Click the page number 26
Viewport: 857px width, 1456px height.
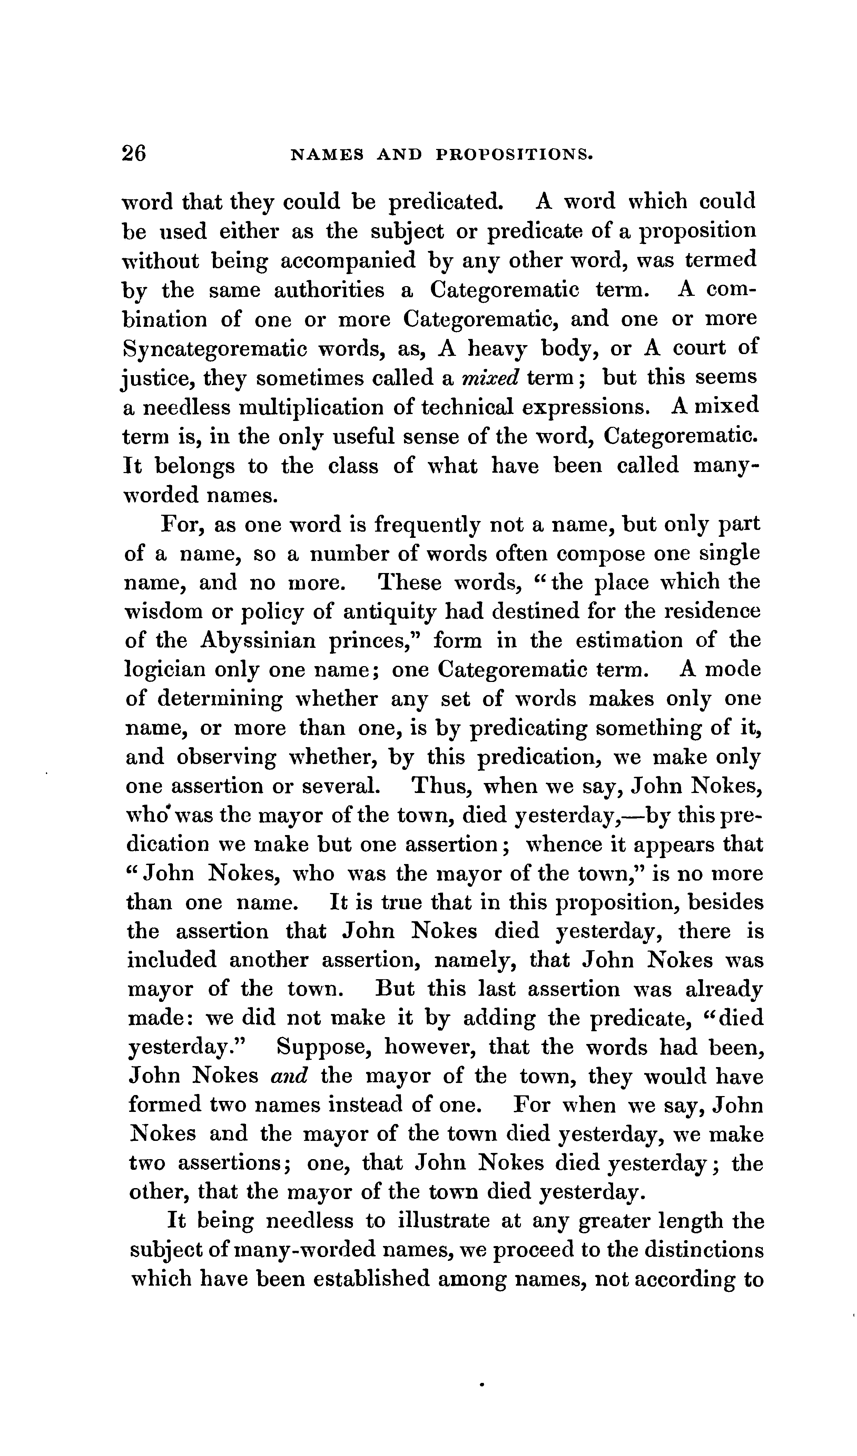click(134, 154)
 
